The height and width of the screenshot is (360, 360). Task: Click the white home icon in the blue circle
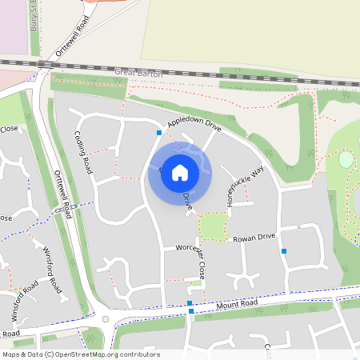(180, 172)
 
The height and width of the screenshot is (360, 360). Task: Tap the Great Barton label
(138, 73)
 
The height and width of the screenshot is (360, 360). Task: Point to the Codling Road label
(83, 152)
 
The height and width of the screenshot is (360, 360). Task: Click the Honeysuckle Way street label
(246, 186)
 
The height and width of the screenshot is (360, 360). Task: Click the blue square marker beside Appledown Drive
(159, 133)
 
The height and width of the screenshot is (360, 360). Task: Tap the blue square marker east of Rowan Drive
(284, 251)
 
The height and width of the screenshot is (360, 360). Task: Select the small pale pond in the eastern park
(346, 159)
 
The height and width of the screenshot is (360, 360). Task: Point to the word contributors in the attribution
(138, 354)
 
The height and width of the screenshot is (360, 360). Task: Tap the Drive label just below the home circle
(187, 200)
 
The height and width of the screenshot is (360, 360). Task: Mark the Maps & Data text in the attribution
(22, 354)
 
